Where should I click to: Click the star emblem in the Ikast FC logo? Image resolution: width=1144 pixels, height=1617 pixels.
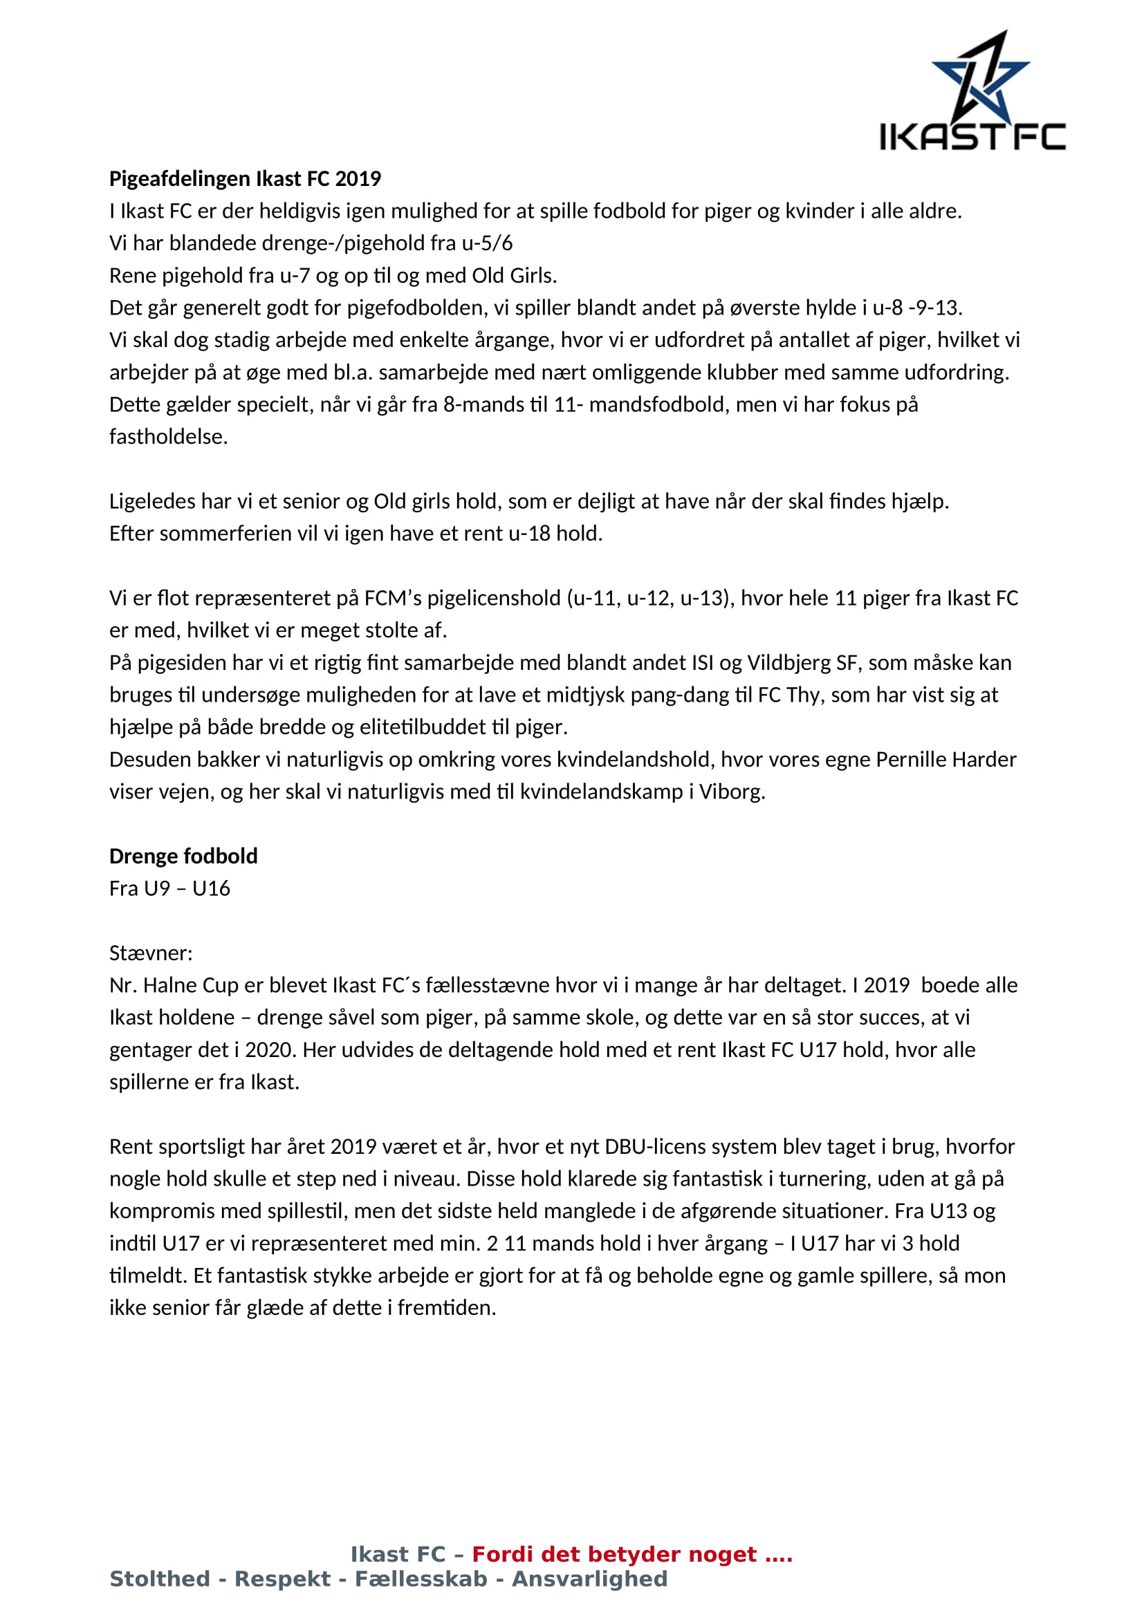coord(980,77)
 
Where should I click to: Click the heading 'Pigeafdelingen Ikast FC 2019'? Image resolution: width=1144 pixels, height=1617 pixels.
coord(244,179)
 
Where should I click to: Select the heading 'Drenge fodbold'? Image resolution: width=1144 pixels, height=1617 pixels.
coord(183,856)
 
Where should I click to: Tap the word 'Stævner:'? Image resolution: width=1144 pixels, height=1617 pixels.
coord(151,953)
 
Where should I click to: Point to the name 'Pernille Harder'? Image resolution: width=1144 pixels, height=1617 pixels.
coord(945,759)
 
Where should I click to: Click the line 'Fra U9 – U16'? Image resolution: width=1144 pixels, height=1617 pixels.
coord(169,888)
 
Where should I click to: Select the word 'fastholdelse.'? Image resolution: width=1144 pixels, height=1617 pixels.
coord(168,437)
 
